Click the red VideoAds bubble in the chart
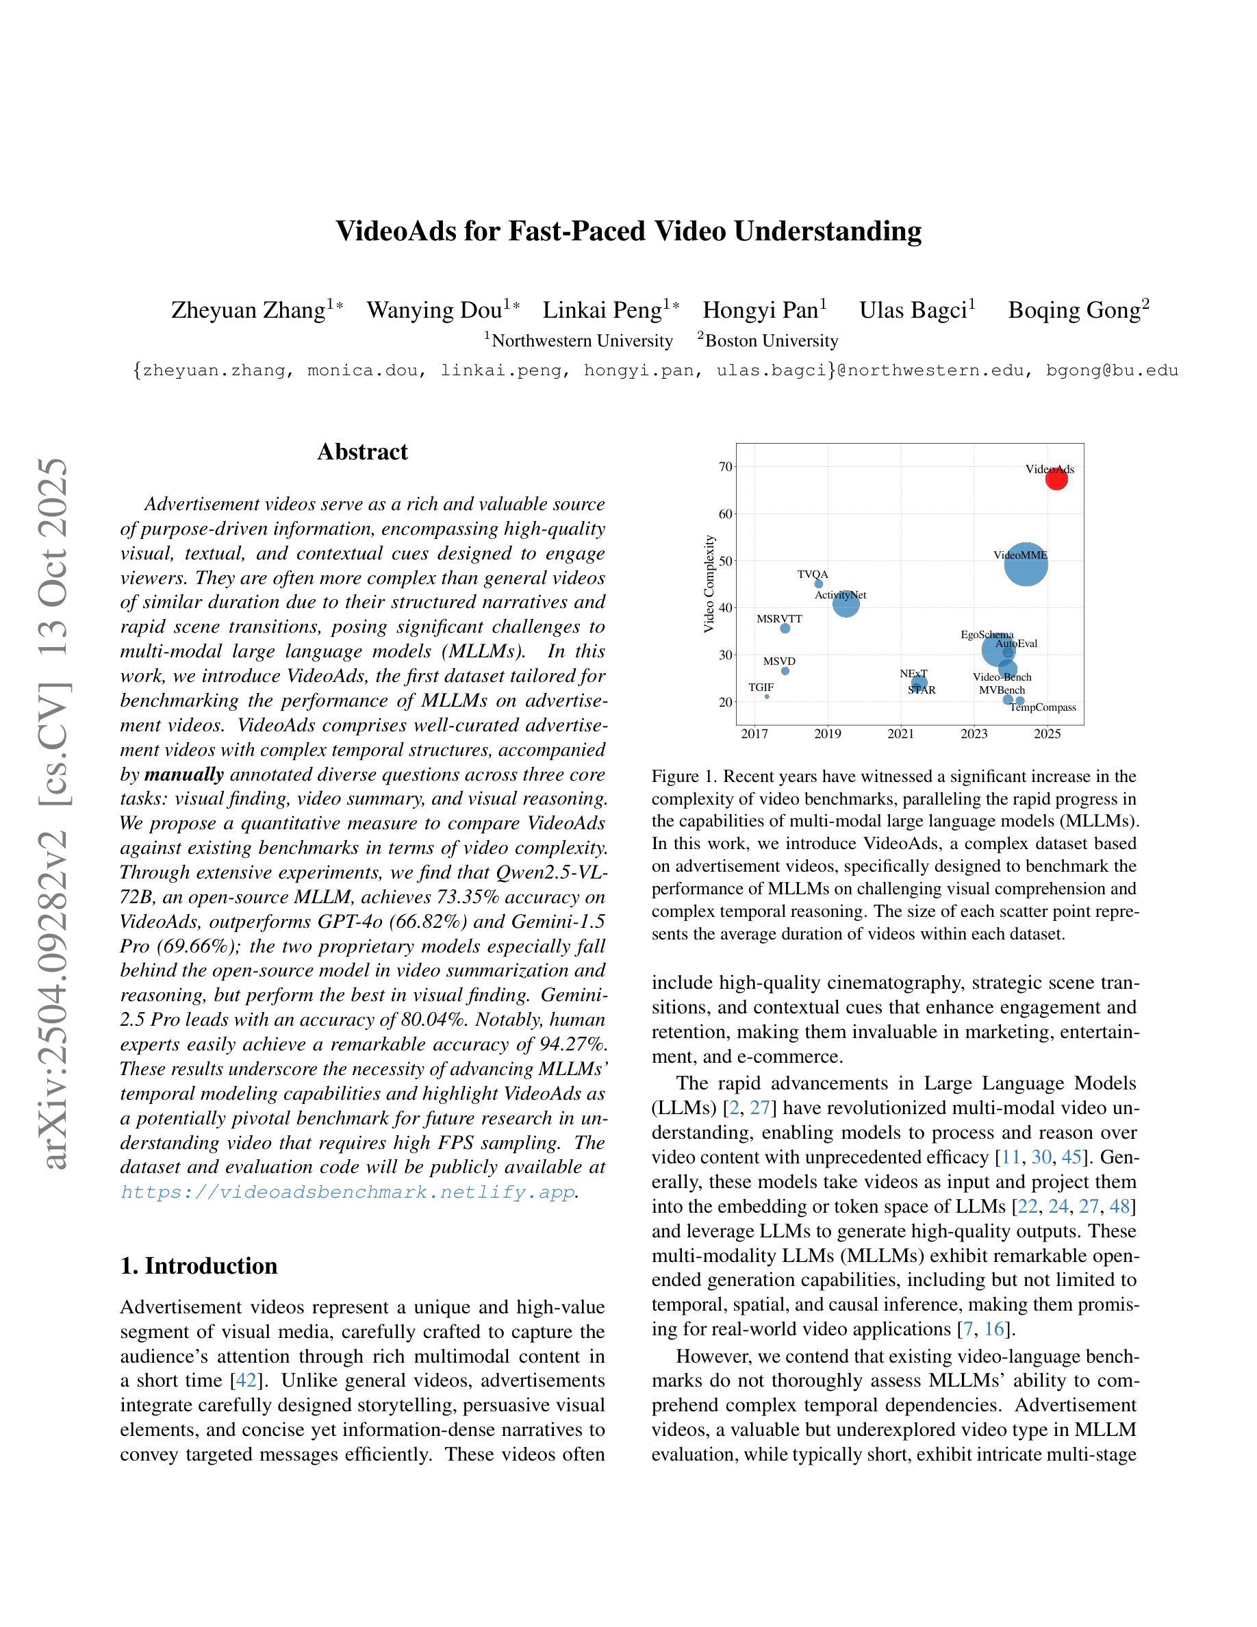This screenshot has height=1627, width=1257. point(1056,479)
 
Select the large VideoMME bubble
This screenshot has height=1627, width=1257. point(1026,565)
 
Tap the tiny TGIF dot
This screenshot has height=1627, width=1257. point(767,696)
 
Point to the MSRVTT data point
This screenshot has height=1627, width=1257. point(785,629)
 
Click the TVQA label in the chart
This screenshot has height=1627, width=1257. point(813,575)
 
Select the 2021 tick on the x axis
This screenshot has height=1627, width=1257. point(900,735)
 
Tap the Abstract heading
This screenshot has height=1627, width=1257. point(362,452)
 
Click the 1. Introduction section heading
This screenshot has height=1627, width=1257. point(199,1265)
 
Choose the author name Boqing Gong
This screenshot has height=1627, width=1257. point(1074,310)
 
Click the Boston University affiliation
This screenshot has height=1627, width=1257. point(771,341)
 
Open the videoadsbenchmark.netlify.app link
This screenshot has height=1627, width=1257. point(348,1192)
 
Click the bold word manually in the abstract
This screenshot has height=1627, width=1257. point(184,774)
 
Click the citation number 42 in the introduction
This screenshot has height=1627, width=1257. point(246,1380)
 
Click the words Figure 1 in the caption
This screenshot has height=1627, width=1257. point(683,777)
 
